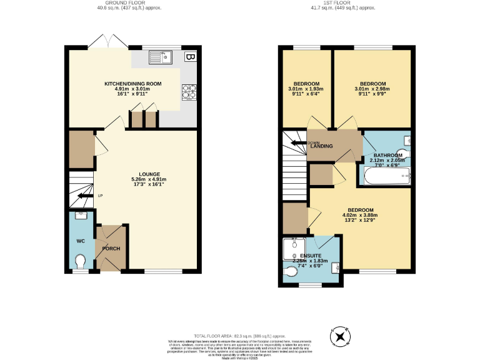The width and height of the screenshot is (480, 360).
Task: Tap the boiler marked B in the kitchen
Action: click(189, 57)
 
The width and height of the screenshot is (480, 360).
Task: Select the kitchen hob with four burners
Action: click(188, 92)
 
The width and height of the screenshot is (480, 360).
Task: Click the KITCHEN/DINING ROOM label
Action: click(132, 83)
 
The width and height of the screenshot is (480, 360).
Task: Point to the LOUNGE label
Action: click(150, 174)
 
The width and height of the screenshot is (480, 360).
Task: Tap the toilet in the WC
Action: click(80, 259)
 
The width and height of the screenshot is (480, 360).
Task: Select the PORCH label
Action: click(111, 249)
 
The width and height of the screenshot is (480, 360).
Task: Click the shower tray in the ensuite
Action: click(292, 249)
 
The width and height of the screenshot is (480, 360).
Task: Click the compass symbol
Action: click(341, 336)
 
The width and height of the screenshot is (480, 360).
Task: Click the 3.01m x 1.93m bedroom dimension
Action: click(307, 89)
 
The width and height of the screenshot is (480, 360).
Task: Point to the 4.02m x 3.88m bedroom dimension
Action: click(361, 215)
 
